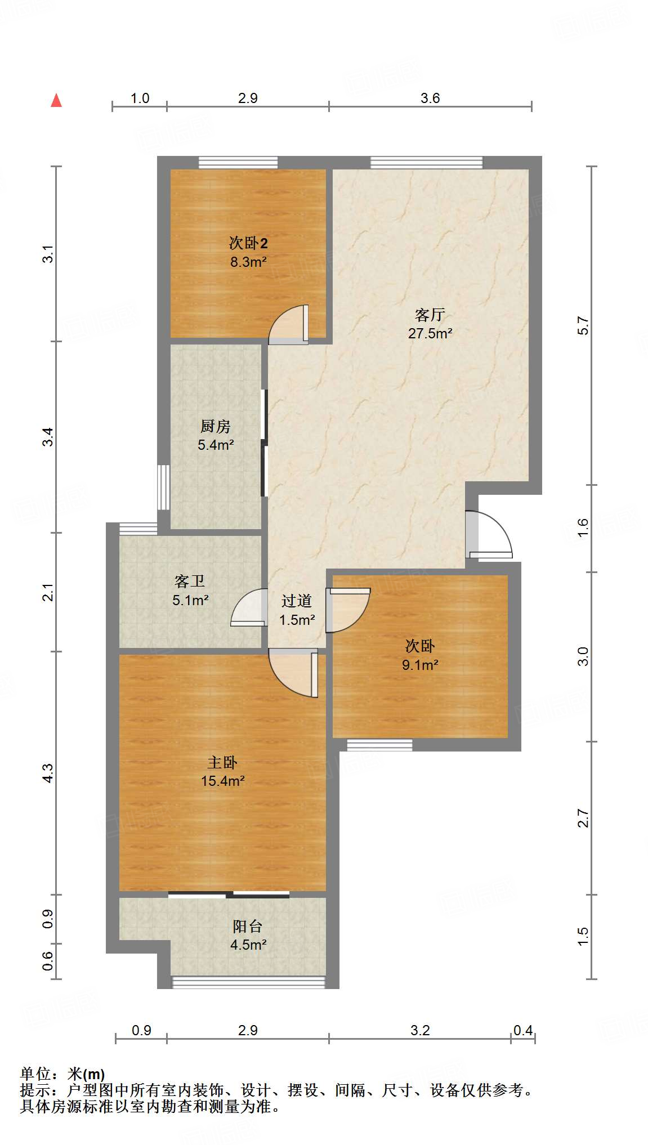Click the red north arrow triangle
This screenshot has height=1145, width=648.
[56, 101]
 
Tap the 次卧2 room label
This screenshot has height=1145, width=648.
[248, 243]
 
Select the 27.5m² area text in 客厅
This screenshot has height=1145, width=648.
[430, 333]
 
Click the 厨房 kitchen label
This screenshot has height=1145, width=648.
[216, 426]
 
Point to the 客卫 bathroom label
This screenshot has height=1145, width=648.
[190, 581]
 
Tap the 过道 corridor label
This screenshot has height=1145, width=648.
[297, 601]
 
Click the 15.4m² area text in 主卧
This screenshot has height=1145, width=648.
[222, 781]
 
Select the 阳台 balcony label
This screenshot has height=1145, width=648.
[248, 926]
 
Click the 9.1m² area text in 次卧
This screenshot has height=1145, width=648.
[420, 665]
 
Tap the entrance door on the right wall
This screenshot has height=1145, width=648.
[489, 535]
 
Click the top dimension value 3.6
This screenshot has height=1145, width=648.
[430, 99]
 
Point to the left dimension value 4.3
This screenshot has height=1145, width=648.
[48, 772]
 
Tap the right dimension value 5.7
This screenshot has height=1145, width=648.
[583, 325]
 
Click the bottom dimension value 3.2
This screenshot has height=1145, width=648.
[420, 1030]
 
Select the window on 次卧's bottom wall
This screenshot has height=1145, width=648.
[379, 745]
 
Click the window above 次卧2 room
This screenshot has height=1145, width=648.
[239, 163]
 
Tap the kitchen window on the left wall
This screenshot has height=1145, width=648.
[163, 487]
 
